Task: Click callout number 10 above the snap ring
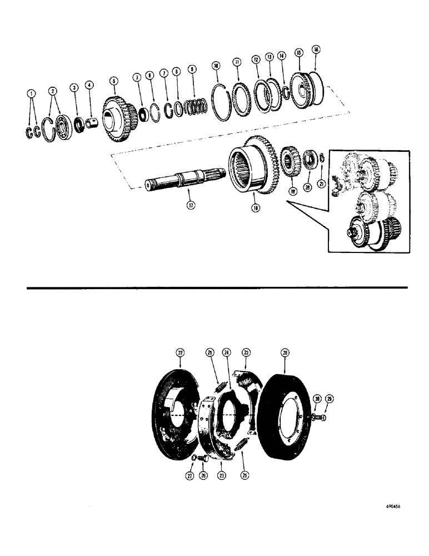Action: tap(217, 66)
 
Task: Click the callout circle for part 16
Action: tap(316, 49)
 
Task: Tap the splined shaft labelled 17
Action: tap(183, 181)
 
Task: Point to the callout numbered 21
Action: tap(321, 183)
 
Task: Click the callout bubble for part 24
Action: tap(227, 352)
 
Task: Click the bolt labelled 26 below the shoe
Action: tap(203, 458)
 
